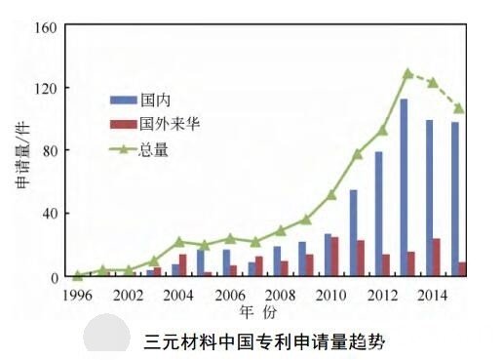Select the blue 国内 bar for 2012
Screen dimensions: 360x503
378,214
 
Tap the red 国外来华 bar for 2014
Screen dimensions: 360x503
437,258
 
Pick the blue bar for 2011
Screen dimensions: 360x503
353,233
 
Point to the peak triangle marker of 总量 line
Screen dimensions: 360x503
408,73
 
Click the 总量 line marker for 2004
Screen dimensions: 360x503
179,241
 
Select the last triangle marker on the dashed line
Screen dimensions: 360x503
459,107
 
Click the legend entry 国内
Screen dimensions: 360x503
147,100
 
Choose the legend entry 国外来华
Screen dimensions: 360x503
157,124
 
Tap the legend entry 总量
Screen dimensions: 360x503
147,149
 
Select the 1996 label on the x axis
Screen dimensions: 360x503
78,295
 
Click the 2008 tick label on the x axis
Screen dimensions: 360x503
281,295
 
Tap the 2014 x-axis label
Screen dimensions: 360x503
433,295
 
